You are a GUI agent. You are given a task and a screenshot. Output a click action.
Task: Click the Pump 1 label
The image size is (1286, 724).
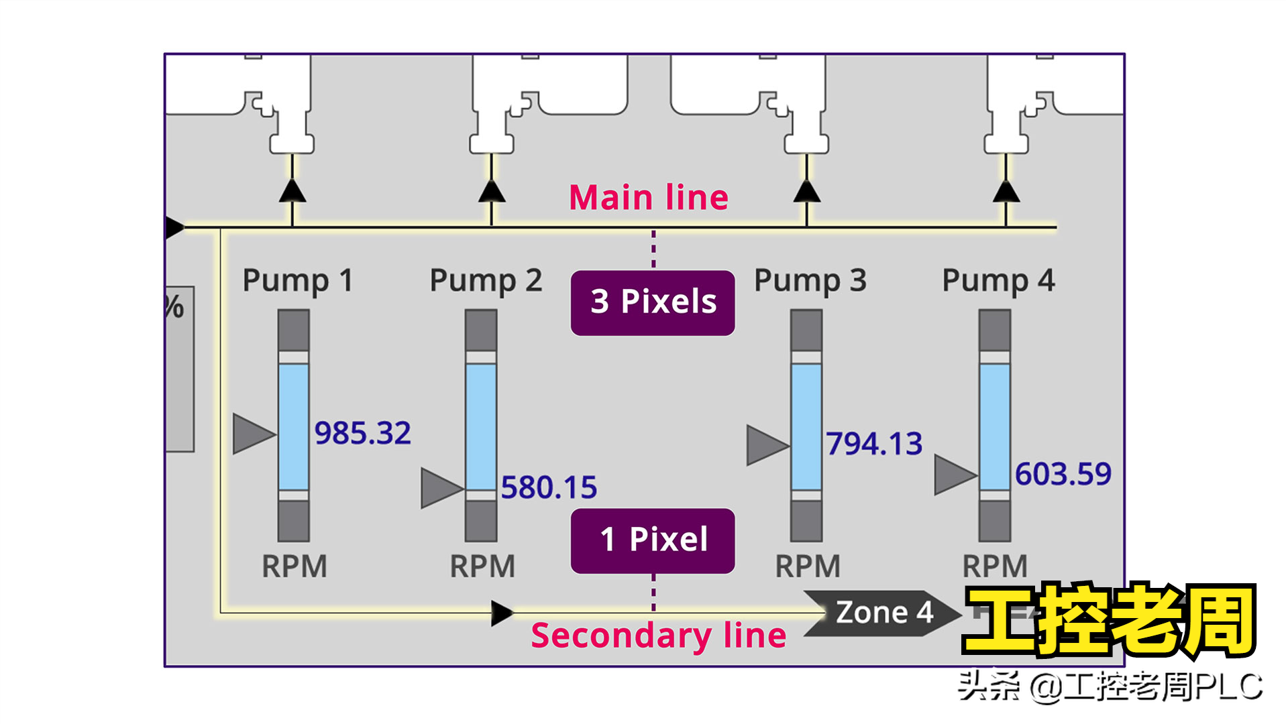click(297, 280)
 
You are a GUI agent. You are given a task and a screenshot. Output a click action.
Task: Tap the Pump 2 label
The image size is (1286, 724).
click(485, 280)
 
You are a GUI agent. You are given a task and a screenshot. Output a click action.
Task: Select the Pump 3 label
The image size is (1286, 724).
click(810, 280)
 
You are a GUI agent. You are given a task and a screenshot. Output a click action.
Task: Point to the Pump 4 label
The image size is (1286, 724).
click(998, 280)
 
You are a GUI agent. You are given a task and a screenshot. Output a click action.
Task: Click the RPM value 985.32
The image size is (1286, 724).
click(362, 433)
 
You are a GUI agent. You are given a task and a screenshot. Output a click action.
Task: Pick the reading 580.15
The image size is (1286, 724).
click(549, 487)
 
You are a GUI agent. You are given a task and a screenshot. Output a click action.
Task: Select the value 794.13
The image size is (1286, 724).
click(873, 444)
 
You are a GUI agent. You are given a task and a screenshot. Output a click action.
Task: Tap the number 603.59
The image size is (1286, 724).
click(1063, 474)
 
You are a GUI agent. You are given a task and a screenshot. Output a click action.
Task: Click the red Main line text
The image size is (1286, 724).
click(648, 198)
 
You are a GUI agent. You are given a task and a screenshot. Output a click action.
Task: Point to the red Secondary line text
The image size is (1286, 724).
click(658, 636)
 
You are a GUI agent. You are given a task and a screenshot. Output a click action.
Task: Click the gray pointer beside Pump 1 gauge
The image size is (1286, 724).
click(253, 434)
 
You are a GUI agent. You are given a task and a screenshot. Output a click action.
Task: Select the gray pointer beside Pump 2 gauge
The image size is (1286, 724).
click(441, 488)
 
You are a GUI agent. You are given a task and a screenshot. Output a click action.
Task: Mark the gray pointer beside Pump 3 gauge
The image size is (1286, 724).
click(766, 445)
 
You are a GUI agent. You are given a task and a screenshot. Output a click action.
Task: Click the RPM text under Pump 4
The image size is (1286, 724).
click(995, 566)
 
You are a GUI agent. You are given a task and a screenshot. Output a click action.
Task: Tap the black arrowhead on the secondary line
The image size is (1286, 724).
click(501, 613)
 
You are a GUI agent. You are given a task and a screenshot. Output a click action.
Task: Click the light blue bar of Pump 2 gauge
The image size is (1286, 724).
click(481, 426)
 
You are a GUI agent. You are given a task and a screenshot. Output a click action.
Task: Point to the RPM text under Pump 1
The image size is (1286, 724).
click(294, 566)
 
